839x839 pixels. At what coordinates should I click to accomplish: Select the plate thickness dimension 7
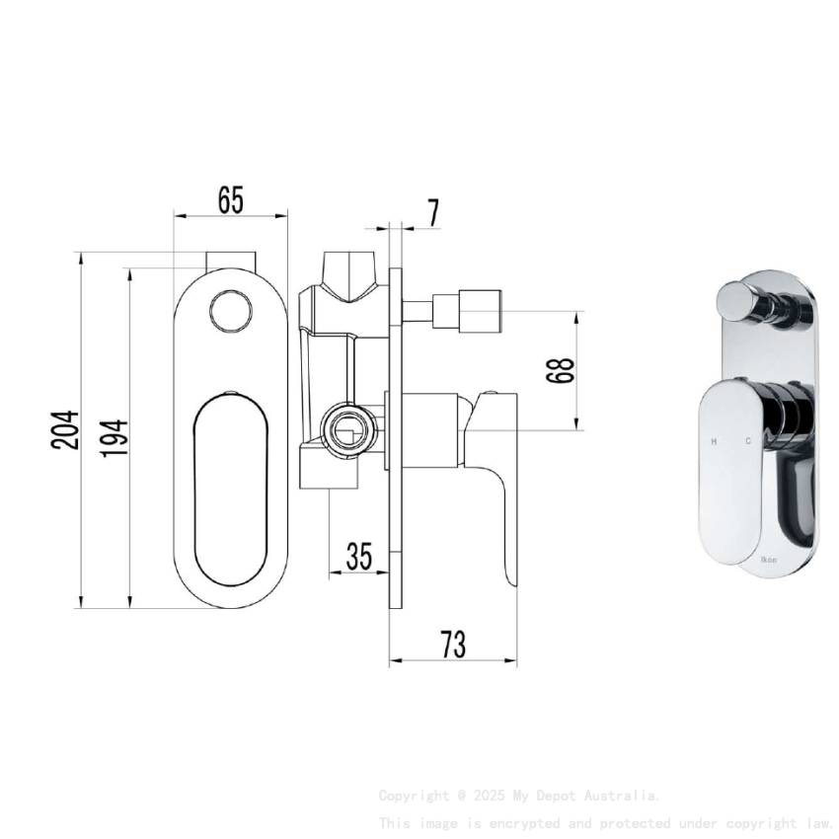pyautogui.click(x=433, y=212)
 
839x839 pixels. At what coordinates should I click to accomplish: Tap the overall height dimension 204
pyautogui.click(x=65, y=430)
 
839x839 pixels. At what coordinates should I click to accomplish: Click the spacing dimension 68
pyautogui.click(x=560, y=371)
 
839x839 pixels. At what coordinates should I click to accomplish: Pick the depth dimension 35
pyautogui.click(x=359, y=557)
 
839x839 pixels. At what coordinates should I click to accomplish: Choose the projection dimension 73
pyautogui.click(x=453, y=645)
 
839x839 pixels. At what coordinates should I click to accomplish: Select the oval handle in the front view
pyautogui.click(x=231, y=489)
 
